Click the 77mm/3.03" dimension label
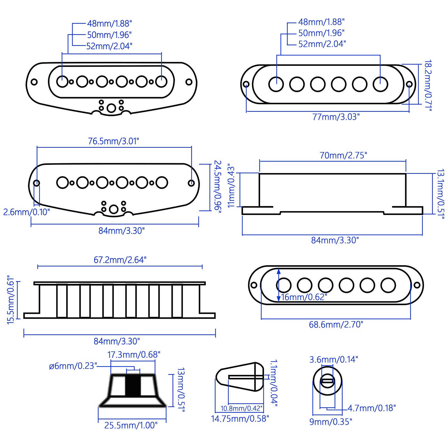click(336, 117)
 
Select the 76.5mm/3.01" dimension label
click(113, 141)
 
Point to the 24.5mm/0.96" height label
click(218, 186)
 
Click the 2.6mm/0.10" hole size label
click(27, 212)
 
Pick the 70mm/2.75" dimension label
click(343, 155)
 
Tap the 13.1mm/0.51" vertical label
click(440, 194)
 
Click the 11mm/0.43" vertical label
click(231, 186)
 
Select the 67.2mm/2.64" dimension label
click(120, 260)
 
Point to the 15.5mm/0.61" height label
click(10, 300)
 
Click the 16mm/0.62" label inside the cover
click(304, 297)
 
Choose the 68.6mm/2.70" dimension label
click(336, 325)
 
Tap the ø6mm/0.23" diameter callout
click(73, 366)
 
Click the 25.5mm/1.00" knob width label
click(131, 425)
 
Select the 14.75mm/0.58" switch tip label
click(240, 419)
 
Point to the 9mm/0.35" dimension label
click(330, 422)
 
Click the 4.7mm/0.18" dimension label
click(372, 408)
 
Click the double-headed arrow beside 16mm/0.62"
click(279, 285)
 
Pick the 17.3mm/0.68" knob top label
click(134, 355)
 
